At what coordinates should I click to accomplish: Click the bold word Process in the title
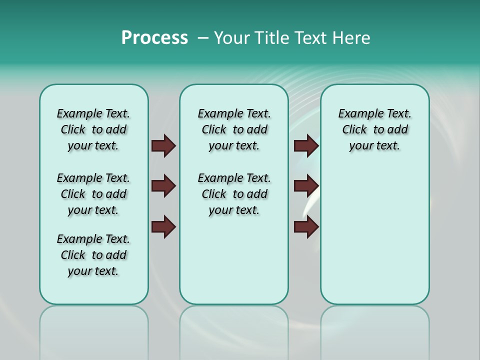(x=154, y=38)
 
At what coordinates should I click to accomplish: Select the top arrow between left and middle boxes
(x=163, y=146)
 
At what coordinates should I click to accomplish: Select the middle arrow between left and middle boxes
(x=163, y=186)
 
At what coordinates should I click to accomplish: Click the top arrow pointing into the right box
(x=306, y=146)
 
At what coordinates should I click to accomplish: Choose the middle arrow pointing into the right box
(x=306, y=186)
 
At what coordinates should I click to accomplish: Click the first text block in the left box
(x=93, y=130)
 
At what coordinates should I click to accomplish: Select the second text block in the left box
(x=93, y=194)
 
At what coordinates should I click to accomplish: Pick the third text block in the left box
(x=93, y=255)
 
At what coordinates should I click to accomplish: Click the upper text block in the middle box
(x=234, y=130)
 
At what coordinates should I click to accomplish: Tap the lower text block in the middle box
(x=234, y=194)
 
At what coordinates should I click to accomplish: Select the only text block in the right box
(x=374, y=130)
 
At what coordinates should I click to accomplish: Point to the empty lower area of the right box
(x=374, y=235)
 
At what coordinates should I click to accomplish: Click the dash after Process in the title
(x=203, y=38)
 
